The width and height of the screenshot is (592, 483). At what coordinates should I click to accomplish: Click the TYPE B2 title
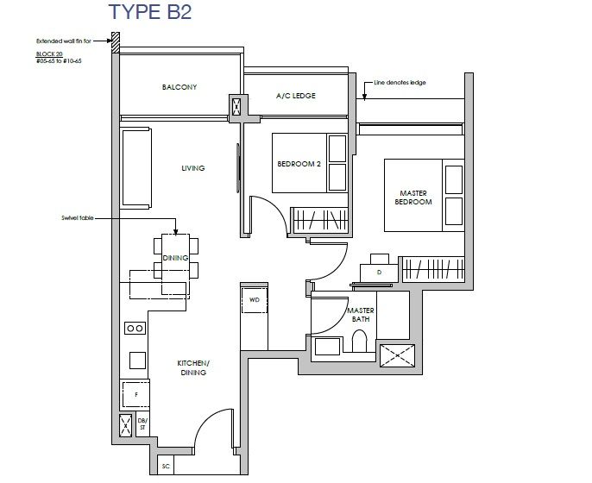tap(150, 12)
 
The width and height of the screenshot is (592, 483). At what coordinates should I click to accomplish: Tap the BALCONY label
tap(179, 87)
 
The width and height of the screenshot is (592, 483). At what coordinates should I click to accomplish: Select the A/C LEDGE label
tap(296, 96)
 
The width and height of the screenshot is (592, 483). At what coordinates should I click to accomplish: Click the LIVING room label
tap(193, 168)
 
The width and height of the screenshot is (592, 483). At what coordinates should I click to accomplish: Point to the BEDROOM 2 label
tap(299, 164)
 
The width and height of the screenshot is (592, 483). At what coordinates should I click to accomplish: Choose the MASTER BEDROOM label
tap(413, 198)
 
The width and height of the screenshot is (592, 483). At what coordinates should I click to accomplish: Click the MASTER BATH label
tap(361, 315)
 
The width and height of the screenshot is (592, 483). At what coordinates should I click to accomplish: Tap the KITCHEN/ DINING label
tap(193, 368)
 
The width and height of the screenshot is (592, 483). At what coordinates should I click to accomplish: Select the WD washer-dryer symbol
tap(255, 300)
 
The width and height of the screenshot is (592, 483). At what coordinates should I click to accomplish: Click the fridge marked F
tap(135, 395)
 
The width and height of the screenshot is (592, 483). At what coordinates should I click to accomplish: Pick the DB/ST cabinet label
tap(142, 424)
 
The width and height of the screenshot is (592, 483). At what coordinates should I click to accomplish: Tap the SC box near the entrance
tap(166, 467)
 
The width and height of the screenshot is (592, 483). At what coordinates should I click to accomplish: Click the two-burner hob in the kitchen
tap(135, 328)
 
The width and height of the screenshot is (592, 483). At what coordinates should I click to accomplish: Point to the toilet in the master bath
tap(359, 342)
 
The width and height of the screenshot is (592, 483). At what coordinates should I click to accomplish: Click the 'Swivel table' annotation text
tap(78, 218)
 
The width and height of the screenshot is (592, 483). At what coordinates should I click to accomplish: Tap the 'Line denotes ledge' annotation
tap(400, 82)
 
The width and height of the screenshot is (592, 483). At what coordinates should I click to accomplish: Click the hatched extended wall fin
tap(116, 42)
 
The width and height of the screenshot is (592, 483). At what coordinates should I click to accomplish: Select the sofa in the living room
tap(136, 168)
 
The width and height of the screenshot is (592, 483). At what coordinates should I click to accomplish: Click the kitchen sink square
tap(138, 361)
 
